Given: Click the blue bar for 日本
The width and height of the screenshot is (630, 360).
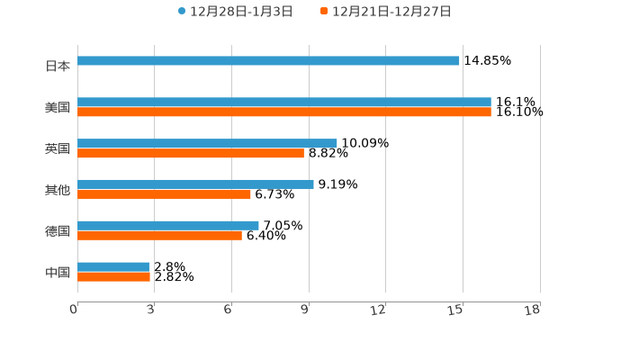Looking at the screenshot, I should click(x=268, y=61).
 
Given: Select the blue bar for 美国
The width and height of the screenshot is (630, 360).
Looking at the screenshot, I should click(x=284, y=103).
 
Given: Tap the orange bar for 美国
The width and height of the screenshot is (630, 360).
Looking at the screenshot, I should click(x=284, y=112).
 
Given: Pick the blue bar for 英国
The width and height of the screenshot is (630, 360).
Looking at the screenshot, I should click(x=207, y=143).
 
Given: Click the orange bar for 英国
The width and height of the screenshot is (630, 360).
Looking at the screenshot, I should click(x=191, y=154).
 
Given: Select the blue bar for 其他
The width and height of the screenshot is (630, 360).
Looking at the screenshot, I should click(x=195, y=184).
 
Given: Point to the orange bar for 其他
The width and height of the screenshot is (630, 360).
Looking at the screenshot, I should click(x=164, y=194).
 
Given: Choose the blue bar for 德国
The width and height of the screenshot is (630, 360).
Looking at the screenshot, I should click(x=168, y=226).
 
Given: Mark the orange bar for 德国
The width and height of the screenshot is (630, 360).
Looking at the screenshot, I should click(x=159, y=236).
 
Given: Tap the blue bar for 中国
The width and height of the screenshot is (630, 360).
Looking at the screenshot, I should click(x=113, y=267).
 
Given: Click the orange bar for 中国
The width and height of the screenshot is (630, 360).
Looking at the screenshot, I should click(x=113, y=277).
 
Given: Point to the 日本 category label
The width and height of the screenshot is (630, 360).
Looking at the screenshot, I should click(x=58, y=66).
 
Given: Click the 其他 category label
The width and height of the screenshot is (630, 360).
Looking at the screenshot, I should click(x=58, y=190).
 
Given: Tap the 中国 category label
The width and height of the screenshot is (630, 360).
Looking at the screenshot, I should click(x=58, y=272).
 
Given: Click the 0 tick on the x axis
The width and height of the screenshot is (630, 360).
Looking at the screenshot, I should click(x=74, y=310).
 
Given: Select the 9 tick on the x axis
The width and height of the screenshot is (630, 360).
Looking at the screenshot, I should click(x=305, y=310).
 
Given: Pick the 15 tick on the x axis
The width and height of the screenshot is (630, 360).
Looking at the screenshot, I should click(x=456, y=310).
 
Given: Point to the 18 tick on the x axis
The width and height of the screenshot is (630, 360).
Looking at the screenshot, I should click(x=533, y=310).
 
